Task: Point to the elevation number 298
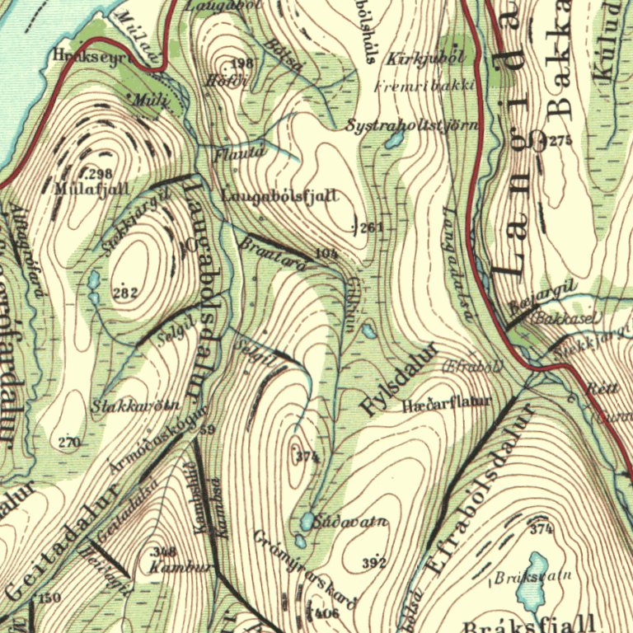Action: tap(99, 174)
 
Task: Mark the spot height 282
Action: tap(124, 293)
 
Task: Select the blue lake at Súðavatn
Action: tap(307, 521)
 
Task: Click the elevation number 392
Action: tap(374, 563)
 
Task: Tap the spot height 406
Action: tap(326, 612)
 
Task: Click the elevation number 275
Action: tap(560, 141)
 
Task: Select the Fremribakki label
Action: tap(425, 86)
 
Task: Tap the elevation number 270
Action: tap(69, 443)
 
